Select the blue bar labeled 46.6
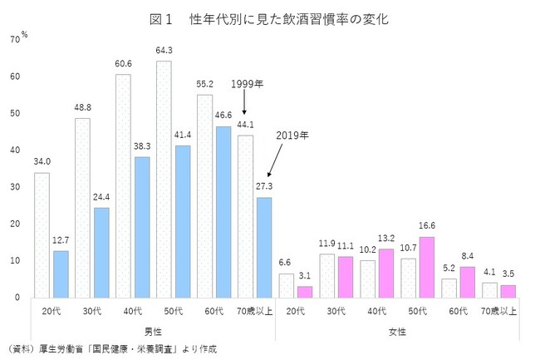pos(223,211)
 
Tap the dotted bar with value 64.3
pos(164,178)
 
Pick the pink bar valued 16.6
pos(427,266)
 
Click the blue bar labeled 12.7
pos(61,273)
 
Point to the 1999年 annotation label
pos(247,84)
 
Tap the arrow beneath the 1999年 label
pos(245,103)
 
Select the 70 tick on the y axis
pos(15,40)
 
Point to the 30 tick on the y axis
pos(15,187)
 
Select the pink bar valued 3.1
pos(306,291)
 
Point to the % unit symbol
pos(25,34)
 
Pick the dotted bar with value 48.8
pos(83,207)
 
